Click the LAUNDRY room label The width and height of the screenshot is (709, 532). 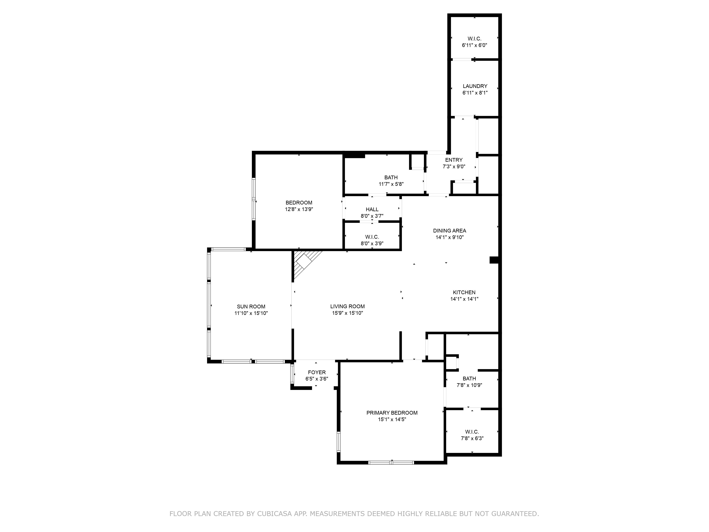[475, 86]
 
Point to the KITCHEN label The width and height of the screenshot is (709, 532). [464, 292]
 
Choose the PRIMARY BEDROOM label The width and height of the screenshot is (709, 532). [392, 413]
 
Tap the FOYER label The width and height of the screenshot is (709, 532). [317, 372]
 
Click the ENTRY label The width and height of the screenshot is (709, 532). [454, 160]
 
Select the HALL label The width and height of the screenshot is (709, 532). [372, 209]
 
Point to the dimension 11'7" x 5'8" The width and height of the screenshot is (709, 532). [391, 184]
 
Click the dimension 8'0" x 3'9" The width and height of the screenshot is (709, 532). [372, 244]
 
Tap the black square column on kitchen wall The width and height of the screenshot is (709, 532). [494, 260]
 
